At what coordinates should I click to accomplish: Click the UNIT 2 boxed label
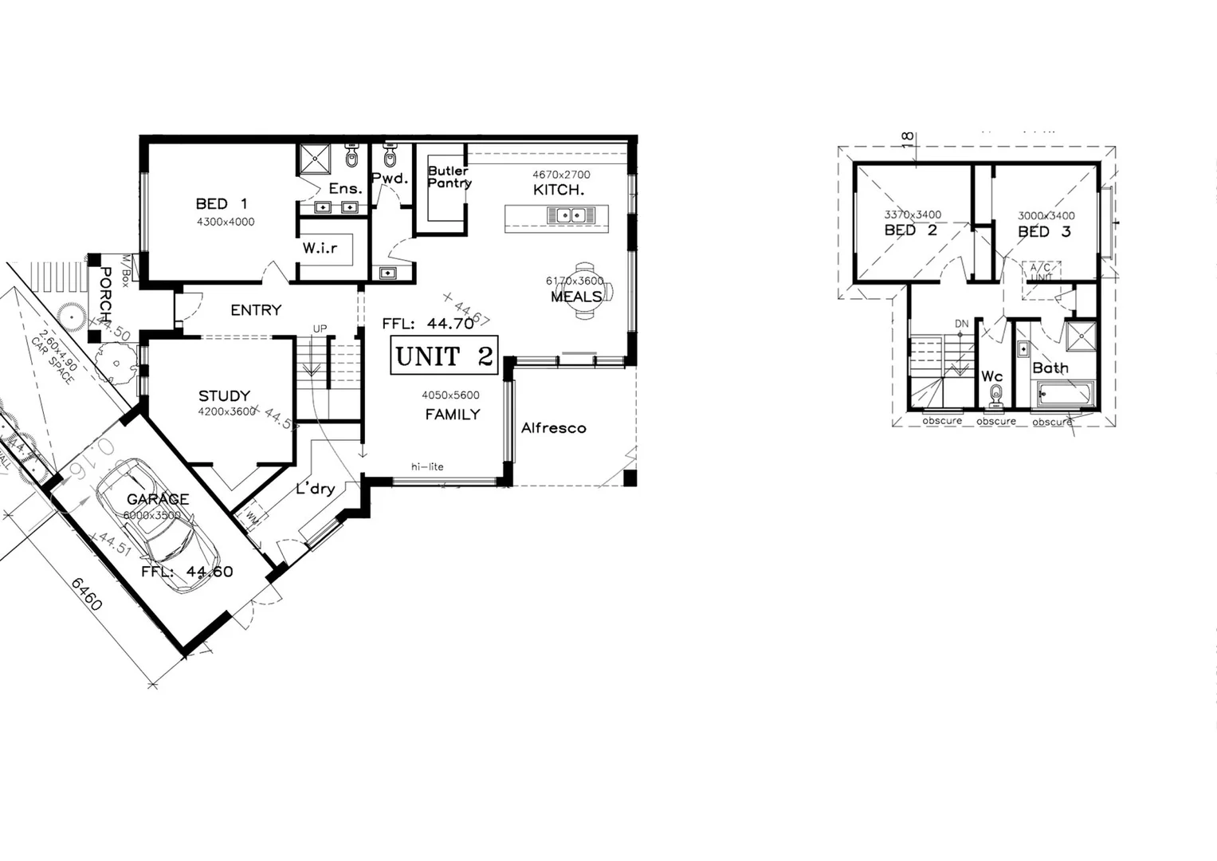coord(444,356)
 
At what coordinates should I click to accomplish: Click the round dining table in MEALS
coord(586,290)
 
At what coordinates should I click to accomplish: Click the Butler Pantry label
coord(449,177)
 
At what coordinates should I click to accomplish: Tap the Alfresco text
coord(553,428)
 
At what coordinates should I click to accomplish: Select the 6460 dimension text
coord(87,594)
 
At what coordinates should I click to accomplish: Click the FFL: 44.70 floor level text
coord(427,324)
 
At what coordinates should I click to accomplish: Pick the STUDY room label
coord(224,395)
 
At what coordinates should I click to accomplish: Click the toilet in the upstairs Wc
coord(995,393)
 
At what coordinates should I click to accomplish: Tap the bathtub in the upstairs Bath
coord(1066,394)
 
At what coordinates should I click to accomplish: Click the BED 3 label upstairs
coord(1043,232)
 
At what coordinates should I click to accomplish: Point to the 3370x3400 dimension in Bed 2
coord(913,214)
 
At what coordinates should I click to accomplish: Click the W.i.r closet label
coord(320,248)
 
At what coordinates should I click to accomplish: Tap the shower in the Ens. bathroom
coord(314,159)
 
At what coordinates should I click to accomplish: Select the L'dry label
coord(315,489)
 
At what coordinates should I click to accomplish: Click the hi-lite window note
coord(427,466)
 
